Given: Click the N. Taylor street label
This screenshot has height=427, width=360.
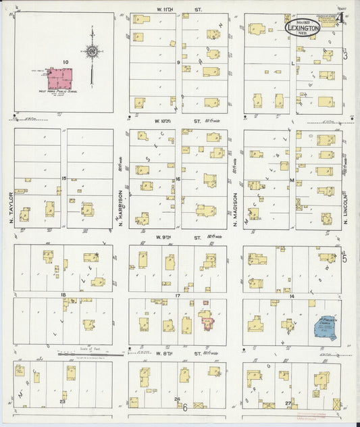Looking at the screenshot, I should tap(12, 211).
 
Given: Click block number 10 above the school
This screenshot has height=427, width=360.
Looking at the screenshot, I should tap(65, 62).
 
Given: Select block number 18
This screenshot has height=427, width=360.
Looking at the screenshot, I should tap(63, 295).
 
